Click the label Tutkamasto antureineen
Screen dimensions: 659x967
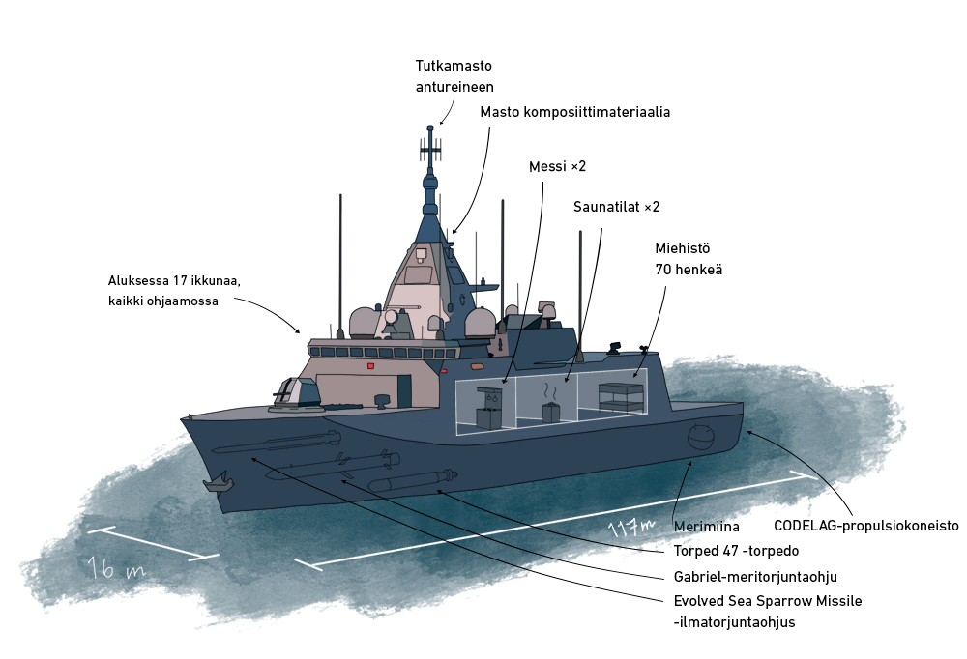click(454, 76)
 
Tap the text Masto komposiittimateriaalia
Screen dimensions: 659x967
click(574, 112)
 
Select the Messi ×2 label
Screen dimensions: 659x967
click(557, 167)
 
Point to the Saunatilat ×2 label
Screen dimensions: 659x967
click(616, 207)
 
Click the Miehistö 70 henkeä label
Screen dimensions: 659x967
click(688, 259)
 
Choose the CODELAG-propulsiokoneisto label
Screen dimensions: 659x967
click(865, 527)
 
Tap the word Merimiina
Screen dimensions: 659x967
click(706, 527)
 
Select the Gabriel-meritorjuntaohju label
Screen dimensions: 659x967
click(754, 577)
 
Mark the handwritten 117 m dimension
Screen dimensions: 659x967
click(630, 528)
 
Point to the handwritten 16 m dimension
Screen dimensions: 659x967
click(115, 568)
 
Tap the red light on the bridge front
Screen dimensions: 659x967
click(370, 366)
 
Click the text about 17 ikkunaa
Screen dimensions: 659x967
click(173, 291)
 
